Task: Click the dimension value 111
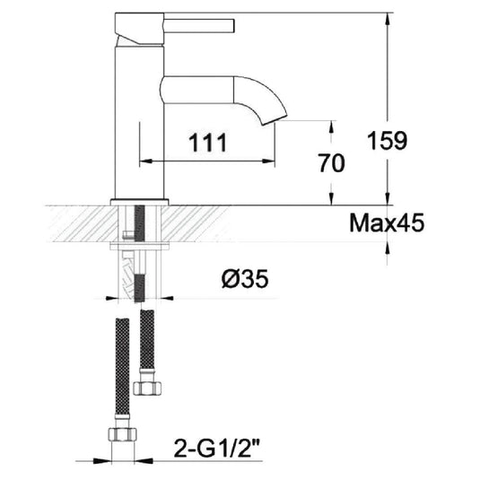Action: [x=205, y=141]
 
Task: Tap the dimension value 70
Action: [x=333, y=162]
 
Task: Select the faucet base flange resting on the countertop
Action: [x=139, y=200]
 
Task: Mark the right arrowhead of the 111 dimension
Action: [x=270, y=161]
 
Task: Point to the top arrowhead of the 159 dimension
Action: [x=387, y=19]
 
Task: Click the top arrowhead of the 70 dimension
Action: [x=332, y=127]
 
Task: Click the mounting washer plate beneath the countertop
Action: [x=139, y=244]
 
